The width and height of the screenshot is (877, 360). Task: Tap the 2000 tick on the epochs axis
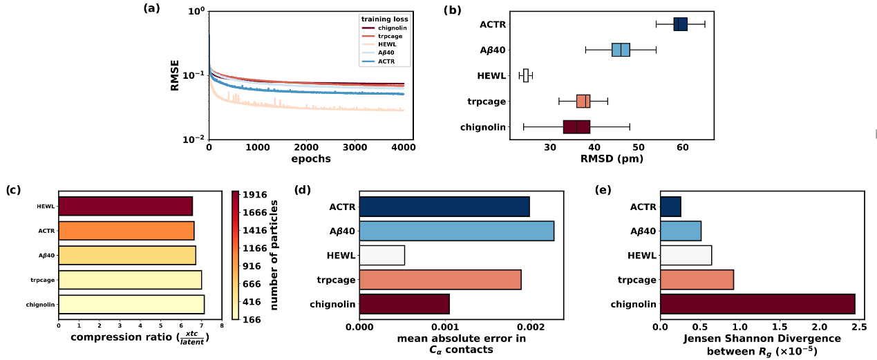pyautogui.click(x=306, y=147)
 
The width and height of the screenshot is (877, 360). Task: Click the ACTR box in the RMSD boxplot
pyautogui.click(x=681, y=24)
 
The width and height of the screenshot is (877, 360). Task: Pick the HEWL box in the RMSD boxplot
pyautogui.click(x=526, y=75)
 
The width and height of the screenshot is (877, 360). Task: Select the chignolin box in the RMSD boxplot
pyautogui.click(x=576, y=126)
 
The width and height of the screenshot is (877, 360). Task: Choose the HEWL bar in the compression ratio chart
pyautogui.click(x=125, y=206)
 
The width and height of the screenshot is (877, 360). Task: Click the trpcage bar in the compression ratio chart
pyautogui.click(x=130, y=279)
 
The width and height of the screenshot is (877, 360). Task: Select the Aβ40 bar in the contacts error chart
pyautogui.click(x=456, y=231)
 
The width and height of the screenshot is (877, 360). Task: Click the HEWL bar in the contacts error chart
pyautogui.click(x=381, y=255)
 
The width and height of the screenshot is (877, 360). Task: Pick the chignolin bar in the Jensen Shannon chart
pyautogui.click(x=757, y=304)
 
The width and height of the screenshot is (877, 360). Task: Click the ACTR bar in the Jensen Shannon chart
pyautogui.click(x=670, y=206)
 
